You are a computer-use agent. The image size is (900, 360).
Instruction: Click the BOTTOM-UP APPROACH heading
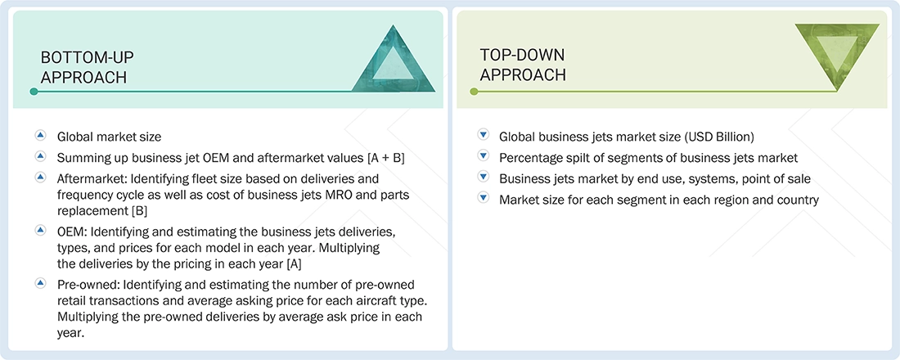tap(88, 66)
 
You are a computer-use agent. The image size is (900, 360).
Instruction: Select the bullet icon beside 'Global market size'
tap(40, 136)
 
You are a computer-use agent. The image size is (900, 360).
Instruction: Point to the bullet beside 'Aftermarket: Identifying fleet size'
tap(40, 178)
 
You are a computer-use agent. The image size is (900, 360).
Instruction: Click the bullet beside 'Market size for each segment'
tap(483, 199)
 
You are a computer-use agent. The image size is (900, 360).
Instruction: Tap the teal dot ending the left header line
tap(34, 92)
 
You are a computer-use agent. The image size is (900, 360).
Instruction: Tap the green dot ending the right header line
tap(473, 92)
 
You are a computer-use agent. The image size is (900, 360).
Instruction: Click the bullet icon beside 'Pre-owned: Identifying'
tap(40, 282)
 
